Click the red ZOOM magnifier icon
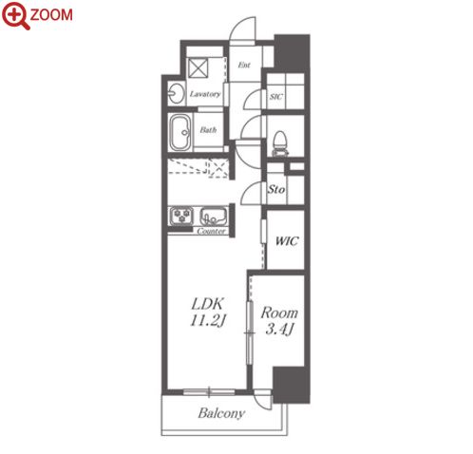coord(16,15)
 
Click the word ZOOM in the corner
coord(51,15)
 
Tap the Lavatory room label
coord(205,94)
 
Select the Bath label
coord(208,129)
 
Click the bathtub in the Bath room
coord(180,132)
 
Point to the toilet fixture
coord(280,143)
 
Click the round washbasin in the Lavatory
coord(176,94)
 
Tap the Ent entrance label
coord(244,65)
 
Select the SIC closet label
coord(276,97)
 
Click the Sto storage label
coord(276,189)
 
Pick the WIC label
coord(287,241)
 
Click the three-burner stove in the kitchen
coord(181,216)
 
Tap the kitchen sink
coord(214,216)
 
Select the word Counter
coord(211,231)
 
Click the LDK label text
coord(208,304)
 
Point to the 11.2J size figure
coord(208,320)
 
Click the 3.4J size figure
coord(279,329)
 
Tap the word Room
coord(279,312)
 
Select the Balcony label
coord(221,413)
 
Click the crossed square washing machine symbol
coord(199,67)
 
